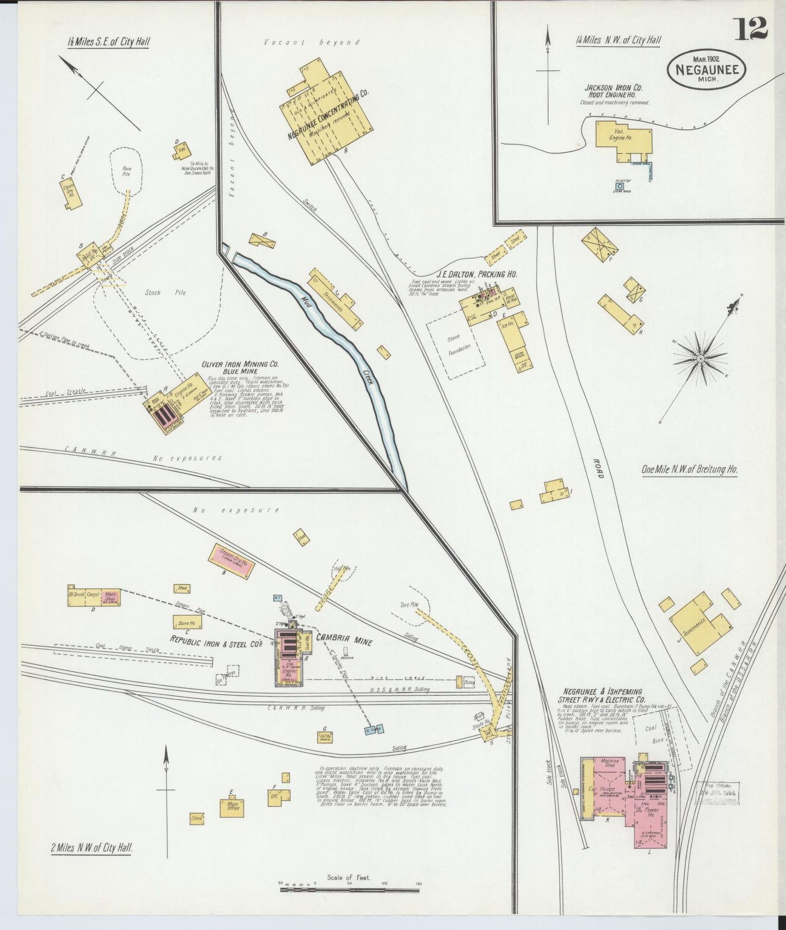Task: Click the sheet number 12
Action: coord(752,29)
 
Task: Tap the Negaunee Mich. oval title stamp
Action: coord(707,69)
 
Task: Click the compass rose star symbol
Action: coord(701,358)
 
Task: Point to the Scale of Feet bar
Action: coord(349,890)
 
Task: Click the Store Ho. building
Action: coord(188,622)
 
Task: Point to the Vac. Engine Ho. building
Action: coord(623,136)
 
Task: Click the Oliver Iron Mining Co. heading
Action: coord(240,364)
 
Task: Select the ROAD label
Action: coord(599,467)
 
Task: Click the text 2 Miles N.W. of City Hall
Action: coord(91,847)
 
